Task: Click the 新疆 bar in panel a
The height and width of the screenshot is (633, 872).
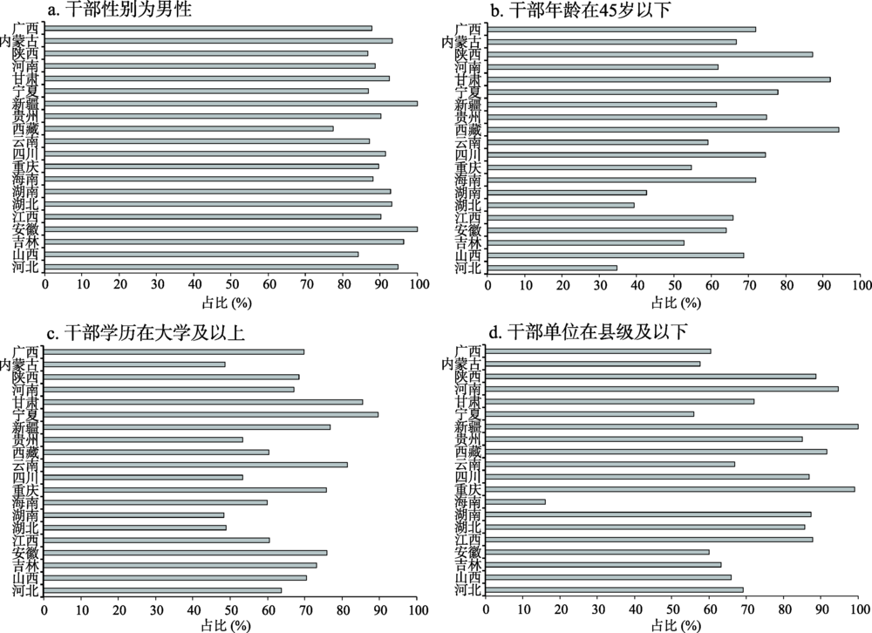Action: (x=231, y=103)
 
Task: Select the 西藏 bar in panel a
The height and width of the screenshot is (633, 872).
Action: (x=188, y=128)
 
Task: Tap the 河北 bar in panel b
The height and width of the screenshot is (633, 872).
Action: (x=552, y=268)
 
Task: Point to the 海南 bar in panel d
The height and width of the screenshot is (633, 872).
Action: (x=516, y=501)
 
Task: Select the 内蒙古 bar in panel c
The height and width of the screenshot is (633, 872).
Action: (x=134, y=364)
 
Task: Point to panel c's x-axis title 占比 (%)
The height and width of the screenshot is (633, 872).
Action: (x=231, y=624)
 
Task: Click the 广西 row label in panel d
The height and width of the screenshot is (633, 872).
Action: (x=468, y=351)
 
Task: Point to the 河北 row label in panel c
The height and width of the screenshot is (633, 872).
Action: (x=25, y=590)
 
